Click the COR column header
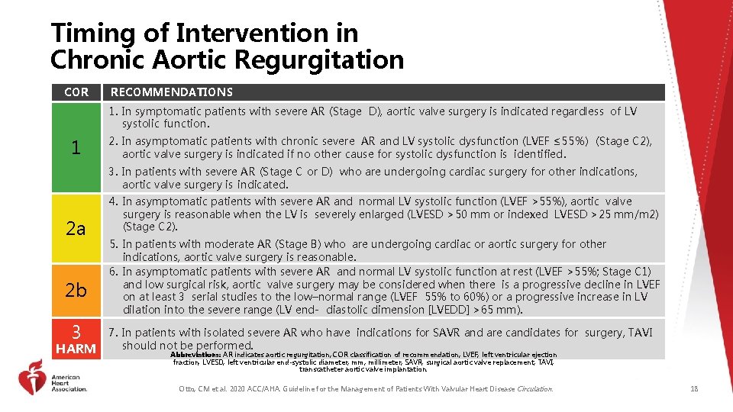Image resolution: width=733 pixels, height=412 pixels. [76, 92]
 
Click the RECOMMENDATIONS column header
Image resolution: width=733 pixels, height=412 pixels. [172, 92]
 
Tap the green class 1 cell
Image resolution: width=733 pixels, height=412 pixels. [76, 148]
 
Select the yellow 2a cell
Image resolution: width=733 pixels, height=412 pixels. [76, 229]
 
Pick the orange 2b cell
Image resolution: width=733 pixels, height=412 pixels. [76, 290]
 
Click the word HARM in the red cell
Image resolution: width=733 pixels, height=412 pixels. [76, 349]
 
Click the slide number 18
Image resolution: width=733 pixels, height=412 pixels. [694, 389]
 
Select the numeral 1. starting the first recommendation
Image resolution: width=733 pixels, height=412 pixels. [114, 111]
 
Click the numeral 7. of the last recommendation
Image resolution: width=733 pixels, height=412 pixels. [114, 333]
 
